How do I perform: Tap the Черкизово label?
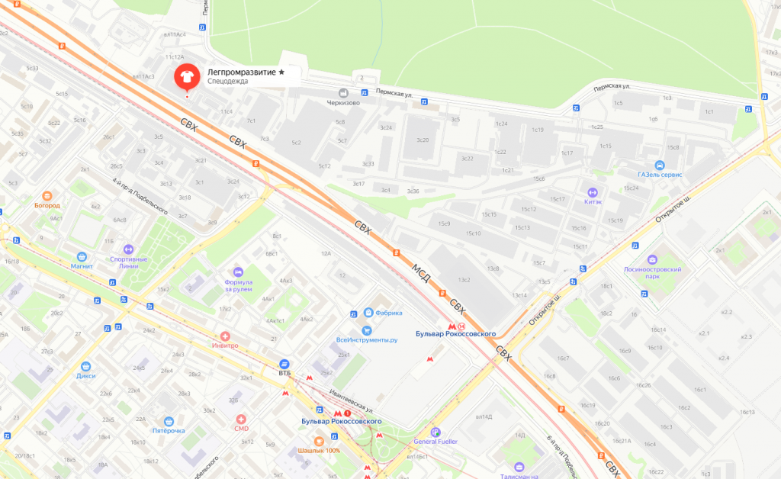pyautogui.click(x=342, y=102)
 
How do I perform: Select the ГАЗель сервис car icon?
pyautogui.click(x=659, y=166)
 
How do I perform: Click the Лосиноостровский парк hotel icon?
pyautogui.click(x=652, y=260)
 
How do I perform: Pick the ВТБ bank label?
pyautogui.click(x=284, y=373)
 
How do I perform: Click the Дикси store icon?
pyautogui.click(x=85, y=365)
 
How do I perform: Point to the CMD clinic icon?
pyautogui.click(x=241, y=419)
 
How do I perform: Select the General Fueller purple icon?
pyautogui.click(x=435, y=431)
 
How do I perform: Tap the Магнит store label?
pyautogui.click(x=81, y=266)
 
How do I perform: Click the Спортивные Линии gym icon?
pyautogui.click(x=128, y=249)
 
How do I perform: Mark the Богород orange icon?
pyautogui.click(x=47, y=195)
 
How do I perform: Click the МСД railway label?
pyautogui.click(x=421, y=274)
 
